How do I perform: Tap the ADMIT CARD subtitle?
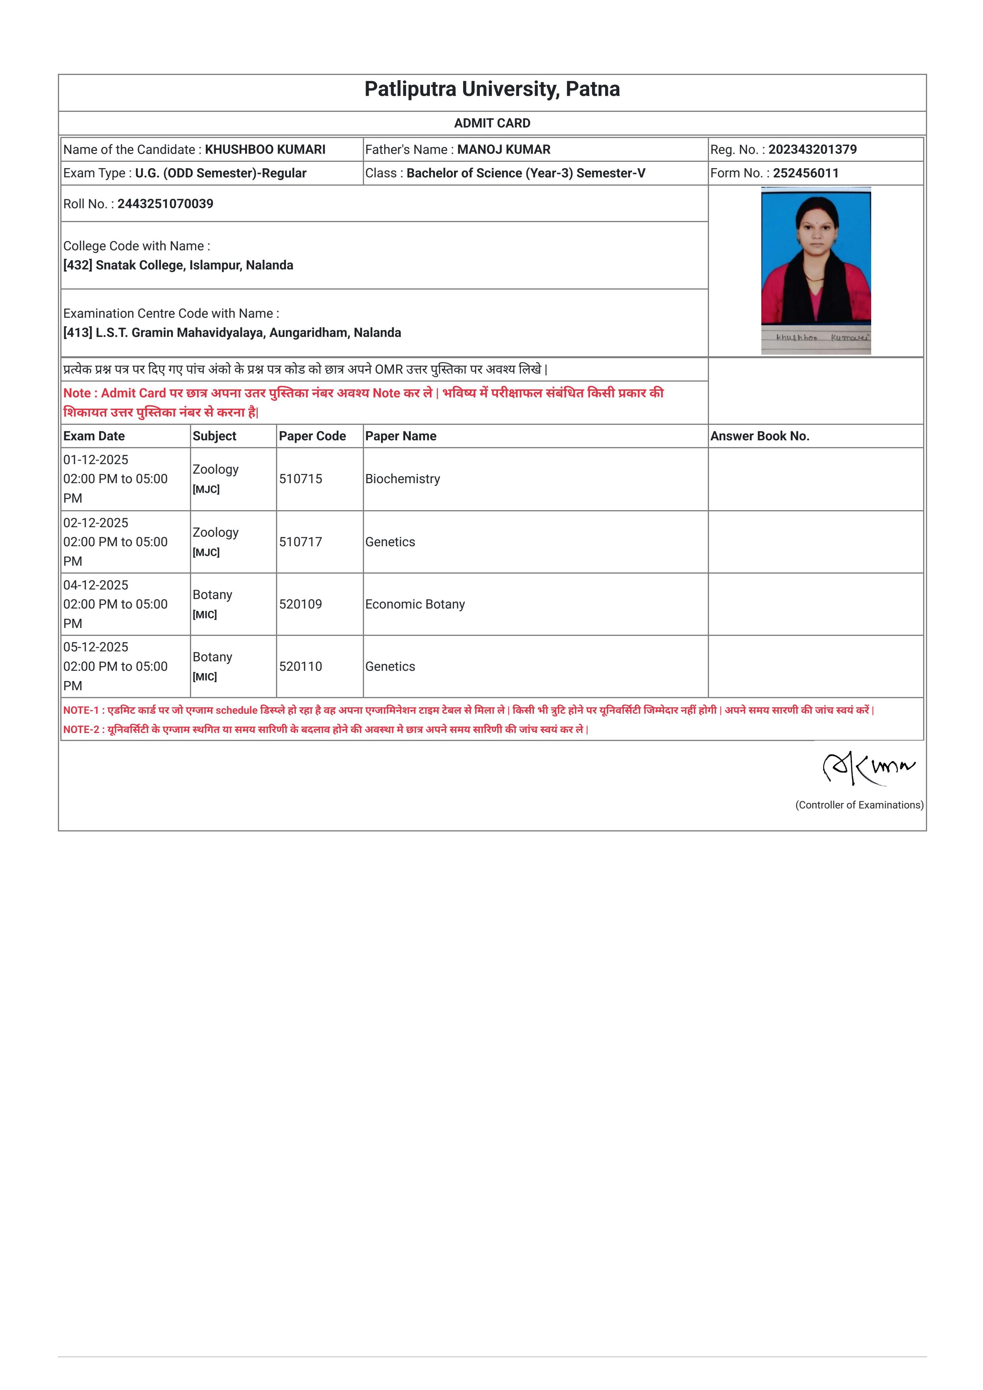pyautogui.click(x=492, y=123)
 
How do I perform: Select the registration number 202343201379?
pyautogui.click(x=812, y=150)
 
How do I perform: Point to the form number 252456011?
pyautogui.click(x=806, y=173)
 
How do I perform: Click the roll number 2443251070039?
pyautogui.click(x=165, y=204)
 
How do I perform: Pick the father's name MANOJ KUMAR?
pyautogui.click(x=504, y=150)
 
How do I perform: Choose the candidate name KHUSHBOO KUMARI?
pyautogui.click(x=265, y=150)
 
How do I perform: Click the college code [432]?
pyautogui.click(x=77, y=265)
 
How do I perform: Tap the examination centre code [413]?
pyautogui.click(x=77, y=333)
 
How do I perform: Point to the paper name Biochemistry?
pyautogui.click(x=402, y=479)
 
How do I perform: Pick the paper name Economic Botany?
pyautogui.click(x=415, y=604)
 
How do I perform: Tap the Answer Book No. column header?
pyautogui.click(x=760, y=436)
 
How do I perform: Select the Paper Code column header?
pyautogui.click(x=312, y=436)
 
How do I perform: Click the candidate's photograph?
pyautogui.click(x=816, y=258)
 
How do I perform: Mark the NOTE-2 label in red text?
pyautogui.click(x=81, y=730)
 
